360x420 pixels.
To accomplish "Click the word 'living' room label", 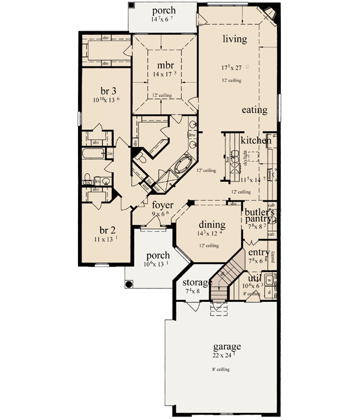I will point(234,40).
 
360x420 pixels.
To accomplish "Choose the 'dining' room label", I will point(212,225).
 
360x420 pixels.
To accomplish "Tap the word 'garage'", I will point(226,347).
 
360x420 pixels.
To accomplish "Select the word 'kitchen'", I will point(256,140).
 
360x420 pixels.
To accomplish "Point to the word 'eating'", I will point(255,110).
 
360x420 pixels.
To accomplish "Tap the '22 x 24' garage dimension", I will point(226,356).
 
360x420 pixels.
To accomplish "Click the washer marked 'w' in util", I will point(269,280).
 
